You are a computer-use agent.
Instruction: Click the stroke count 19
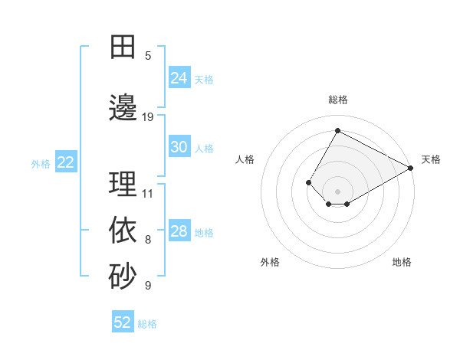pyautogui.click(x=148, y=117)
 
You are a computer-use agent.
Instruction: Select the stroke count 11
pyautogui.click(x=148, y=193)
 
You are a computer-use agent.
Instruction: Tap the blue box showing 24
pyautogui.click(x=179, y=78)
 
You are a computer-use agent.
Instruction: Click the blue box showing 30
pyautogui.click(x=179, y=147)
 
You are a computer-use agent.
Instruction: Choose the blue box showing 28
pyautogui.click(x=179, y=231)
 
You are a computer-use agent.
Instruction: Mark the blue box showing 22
pyautogui.click(x=66, y=162)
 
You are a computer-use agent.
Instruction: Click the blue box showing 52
pyautogui.click(x=123, y=322)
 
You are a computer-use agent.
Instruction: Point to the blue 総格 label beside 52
pyautogui.click(x=147, y=324)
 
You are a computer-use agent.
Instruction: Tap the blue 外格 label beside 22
pyautogui.click(x=41, y=163)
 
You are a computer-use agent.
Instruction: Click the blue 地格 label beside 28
pyautogui.click(x=204, y=232)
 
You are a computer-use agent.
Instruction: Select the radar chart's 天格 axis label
pyautogui.click(x=431, y=159)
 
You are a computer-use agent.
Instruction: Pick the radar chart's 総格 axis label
pyautogui.click(x=337, y=100)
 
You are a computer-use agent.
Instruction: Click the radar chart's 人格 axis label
pyautogui.click(x=245, y=159)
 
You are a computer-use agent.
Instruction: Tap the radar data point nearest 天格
pyautogui.click(x=410, y=168)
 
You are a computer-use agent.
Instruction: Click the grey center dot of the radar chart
pyautogui.click(x=337, y=191)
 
